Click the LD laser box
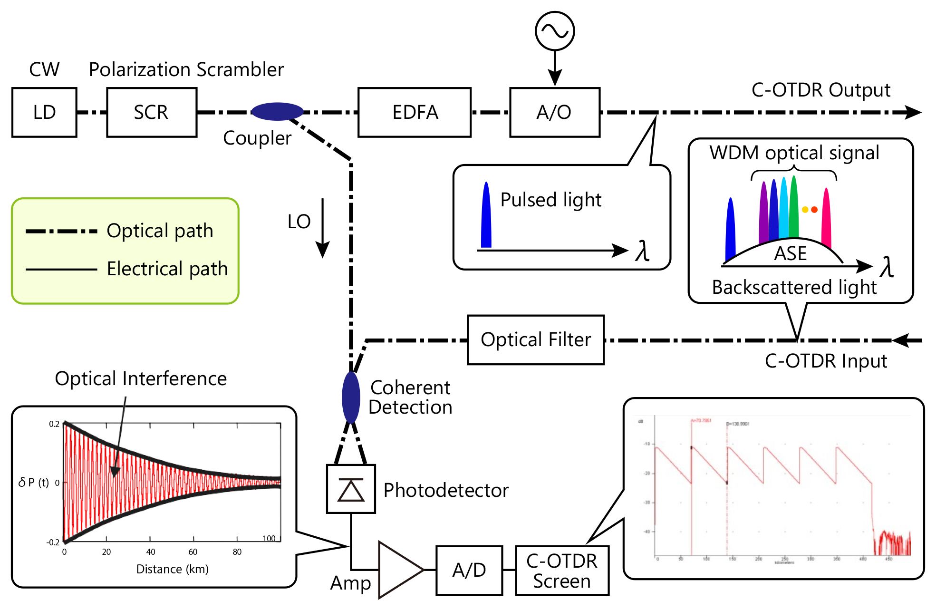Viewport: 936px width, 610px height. pos(44,113)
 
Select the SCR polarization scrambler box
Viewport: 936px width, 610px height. pos(152,113)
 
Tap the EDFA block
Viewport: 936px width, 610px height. pos(414,113)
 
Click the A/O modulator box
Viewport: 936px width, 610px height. pos(554,113)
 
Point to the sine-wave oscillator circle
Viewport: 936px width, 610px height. pos(555,31)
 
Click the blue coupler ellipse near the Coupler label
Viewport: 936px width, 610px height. pos(277,112)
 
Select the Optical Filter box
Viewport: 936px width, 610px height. pos(536,340)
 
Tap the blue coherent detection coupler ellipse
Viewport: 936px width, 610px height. pos(351,397)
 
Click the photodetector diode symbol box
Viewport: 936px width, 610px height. pos(351,489)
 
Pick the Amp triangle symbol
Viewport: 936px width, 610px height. pos(398,570)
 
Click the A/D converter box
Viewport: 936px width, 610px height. pos(469,570)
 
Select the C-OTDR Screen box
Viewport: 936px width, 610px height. pos(562,571)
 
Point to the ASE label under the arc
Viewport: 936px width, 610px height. pos(790,253)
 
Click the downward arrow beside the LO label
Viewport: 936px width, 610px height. pos(323,228)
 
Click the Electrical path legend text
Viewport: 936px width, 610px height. pos(167,269)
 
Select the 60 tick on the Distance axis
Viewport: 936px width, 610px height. pos(193,552)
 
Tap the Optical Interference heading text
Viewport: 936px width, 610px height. pos(141,379)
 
